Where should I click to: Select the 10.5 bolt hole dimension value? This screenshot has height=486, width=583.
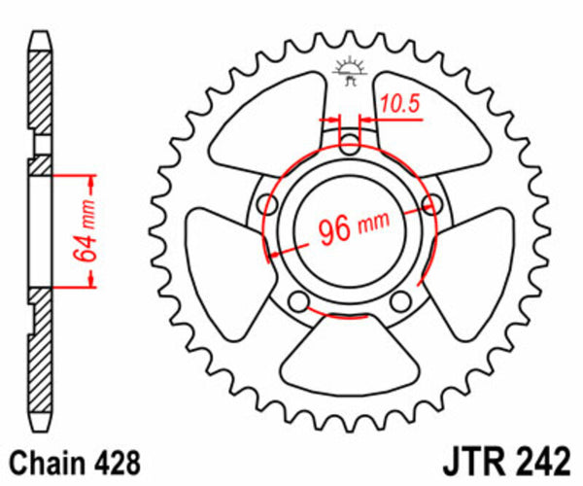[399, 101]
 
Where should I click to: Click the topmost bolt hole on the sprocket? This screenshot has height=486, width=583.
[350, 148]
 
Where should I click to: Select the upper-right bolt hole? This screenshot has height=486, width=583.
[430, 205]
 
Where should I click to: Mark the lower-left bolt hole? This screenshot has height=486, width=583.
[300, 298]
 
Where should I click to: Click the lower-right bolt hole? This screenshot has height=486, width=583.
[399, 298]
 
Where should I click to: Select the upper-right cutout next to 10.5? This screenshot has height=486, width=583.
[428, 126]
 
